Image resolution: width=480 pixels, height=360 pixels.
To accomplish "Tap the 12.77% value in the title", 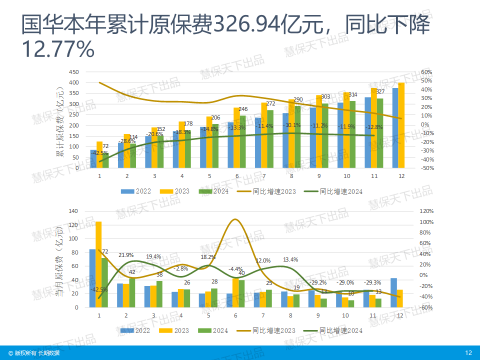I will [x=58, y=49].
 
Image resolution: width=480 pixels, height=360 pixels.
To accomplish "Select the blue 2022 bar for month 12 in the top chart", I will [x=395, y=128].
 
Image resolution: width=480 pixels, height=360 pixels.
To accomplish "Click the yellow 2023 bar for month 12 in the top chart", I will [x=401, y=125].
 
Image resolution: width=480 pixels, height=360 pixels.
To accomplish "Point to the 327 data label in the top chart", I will [x=380, y=91].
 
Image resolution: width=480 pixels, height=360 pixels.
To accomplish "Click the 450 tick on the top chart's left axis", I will [x=74, y=72].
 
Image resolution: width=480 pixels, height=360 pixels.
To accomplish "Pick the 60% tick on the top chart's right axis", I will [x=425, y=72].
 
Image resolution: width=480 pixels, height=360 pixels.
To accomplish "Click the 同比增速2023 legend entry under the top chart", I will [x=270, y=191].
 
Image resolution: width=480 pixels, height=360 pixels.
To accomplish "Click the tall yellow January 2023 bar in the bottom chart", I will [x=98, y=264].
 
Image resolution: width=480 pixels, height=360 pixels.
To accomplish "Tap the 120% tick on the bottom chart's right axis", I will [x=426, y=211].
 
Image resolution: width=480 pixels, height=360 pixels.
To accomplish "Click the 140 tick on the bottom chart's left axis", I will [x=74, y=211].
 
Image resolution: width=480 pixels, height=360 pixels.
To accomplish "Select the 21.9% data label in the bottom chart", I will [x=126, y=255].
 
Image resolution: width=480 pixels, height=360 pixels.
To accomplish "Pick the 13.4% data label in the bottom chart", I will [x=290, y=259].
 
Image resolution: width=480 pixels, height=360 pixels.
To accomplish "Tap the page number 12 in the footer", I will [x=468, y=353].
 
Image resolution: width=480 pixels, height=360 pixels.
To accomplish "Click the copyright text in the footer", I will [x=33, y=353].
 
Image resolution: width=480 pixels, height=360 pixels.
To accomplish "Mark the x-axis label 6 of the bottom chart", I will [x=235, y=315].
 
